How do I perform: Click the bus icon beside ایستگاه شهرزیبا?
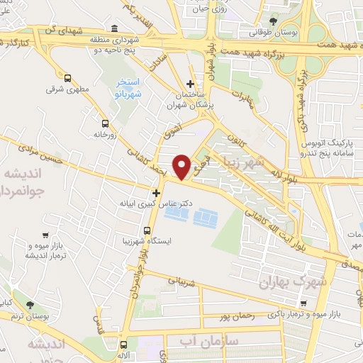click(147, 230)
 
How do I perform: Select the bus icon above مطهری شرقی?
click(67, 78)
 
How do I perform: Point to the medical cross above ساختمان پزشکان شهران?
click(189, 82)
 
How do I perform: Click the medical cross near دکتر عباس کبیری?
click(156, 192)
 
